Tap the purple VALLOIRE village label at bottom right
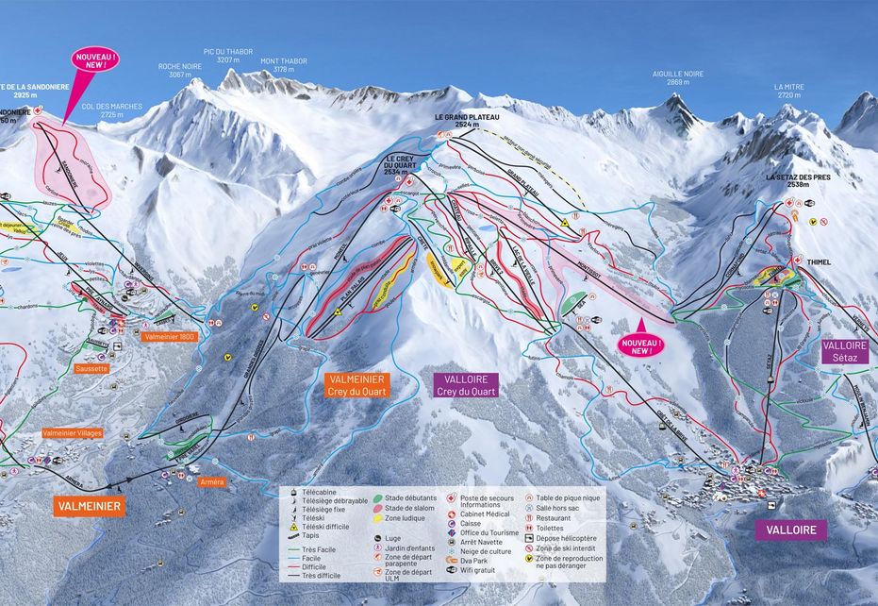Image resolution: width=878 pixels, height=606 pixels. click(x=790, y=530)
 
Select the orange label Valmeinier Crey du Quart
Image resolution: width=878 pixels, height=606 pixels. click(x=356, y=384)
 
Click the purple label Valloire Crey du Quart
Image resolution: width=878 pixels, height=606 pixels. click(x=466, y=384)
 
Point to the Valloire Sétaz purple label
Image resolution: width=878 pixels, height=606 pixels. click(x=844, y=352)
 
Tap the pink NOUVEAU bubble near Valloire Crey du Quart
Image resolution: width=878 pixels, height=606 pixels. click(x=640, y=344)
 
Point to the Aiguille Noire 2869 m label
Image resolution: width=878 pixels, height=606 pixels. click(x=678, y=77)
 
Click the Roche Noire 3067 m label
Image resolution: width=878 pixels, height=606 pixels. click(x=175, y=71)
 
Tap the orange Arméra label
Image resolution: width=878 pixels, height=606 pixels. click(x=212, y=481)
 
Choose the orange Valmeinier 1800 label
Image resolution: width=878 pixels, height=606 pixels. click(x=168, y=335)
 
